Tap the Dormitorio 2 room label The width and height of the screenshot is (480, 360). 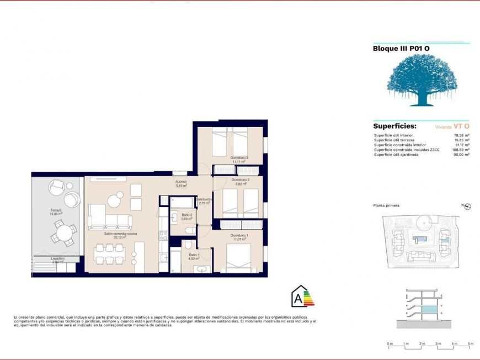(x=241, y=180)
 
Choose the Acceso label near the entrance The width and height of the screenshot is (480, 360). (x=181, y=183)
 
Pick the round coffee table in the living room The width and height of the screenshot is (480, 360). (x=115, y=200)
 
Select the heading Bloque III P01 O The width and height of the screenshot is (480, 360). (x=401, y=49)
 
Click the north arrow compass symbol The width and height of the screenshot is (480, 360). (x=467, y=207)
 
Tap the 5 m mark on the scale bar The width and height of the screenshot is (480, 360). (x=470, y=344)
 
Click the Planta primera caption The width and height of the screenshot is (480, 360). (x=386, y=205)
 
